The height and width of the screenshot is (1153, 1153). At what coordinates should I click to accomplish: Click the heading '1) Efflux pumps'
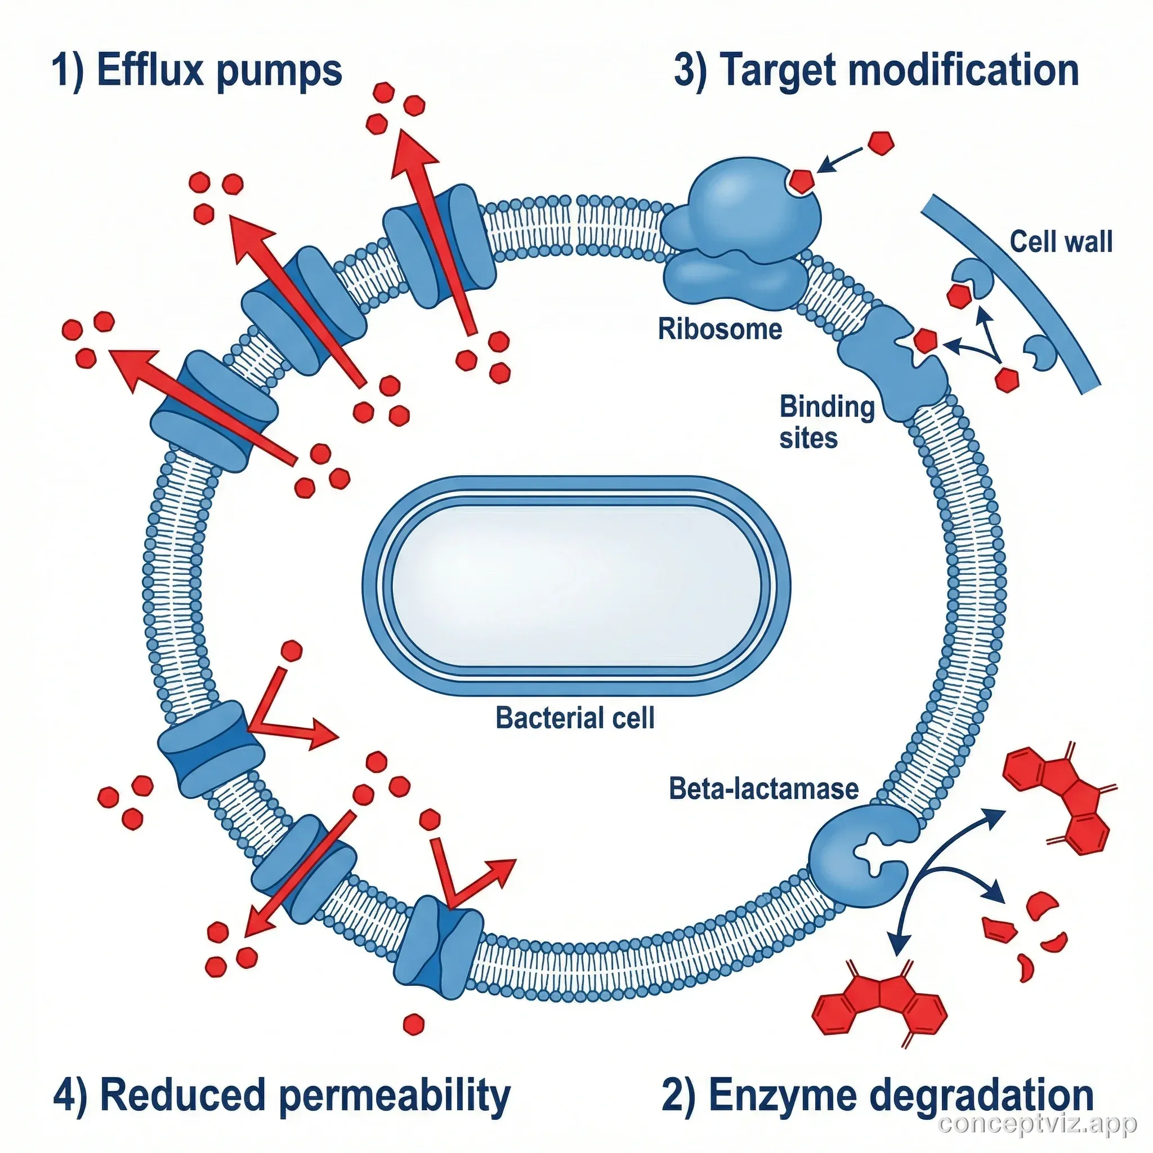pos(197,71)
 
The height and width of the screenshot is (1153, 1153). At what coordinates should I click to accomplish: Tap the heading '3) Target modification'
pos(876,71)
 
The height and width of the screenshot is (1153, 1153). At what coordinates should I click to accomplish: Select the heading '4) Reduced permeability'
pos(281,1095)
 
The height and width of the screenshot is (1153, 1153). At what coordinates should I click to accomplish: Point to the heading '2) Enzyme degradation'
pos(877,1095)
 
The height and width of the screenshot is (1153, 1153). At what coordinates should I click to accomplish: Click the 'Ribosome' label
pos(719,329)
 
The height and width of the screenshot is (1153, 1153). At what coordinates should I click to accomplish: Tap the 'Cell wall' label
pos(1061,242)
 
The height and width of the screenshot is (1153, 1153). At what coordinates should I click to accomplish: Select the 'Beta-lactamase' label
pos(763,788)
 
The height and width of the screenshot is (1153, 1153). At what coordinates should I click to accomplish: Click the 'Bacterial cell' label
pos(575,717)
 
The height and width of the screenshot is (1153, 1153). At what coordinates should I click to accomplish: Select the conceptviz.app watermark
pos(1037,1124)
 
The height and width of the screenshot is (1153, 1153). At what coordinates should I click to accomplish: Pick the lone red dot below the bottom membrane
pos(414,1024)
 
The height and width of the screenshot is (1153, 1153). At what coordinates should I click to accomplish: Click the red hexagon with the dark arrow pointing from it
pos(881,143)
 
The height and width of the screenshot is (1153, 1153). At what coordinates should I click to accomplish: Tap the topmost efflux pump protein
pos(439,246)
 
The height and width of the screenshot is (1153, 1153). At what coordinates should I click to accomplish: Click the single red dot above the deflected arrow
pos(291,650)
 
